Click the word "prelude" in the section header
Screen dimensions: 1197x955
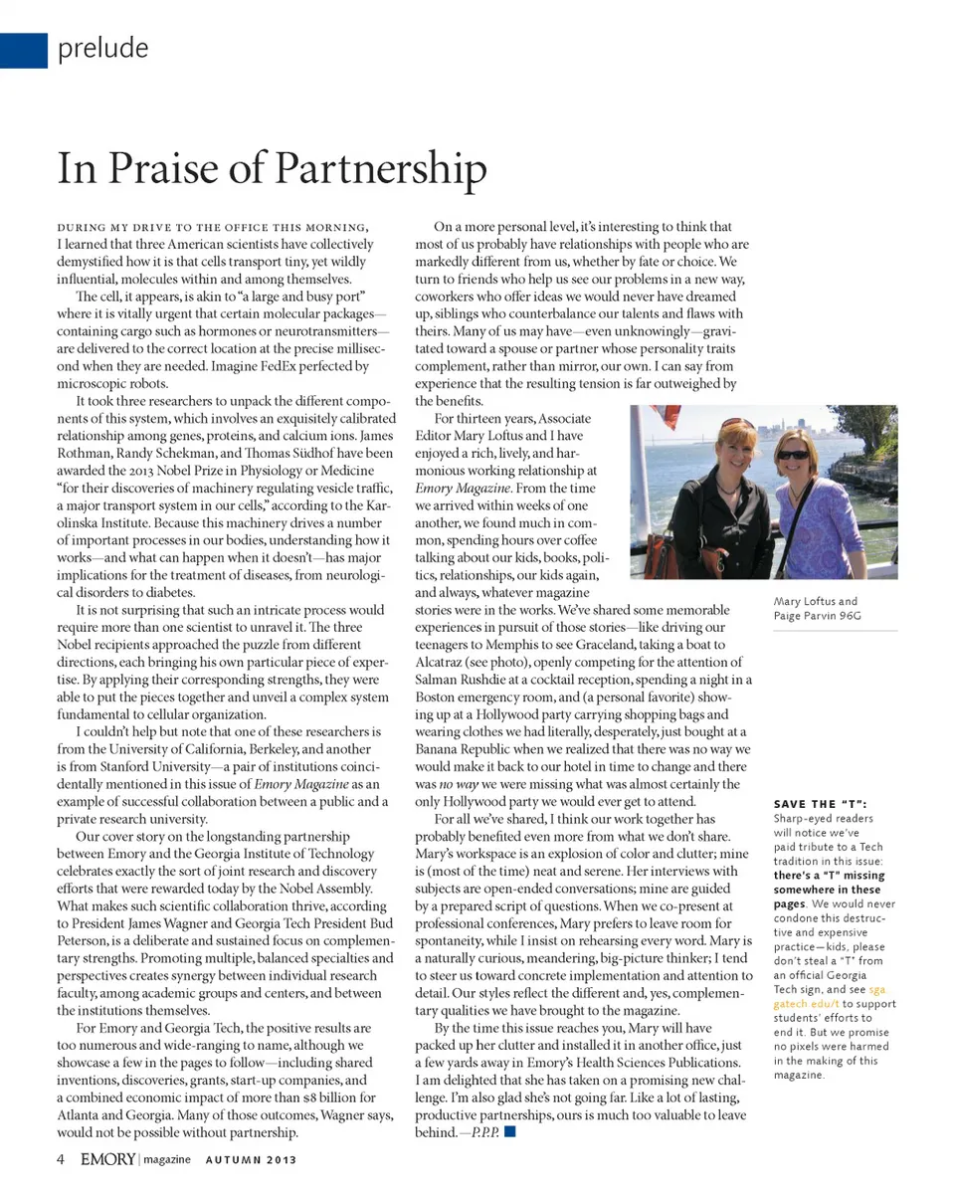[103, 48]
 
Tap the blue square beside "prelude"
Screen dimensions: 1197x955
[23, 50]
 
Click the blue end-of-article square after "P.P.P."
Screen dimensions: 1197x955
[510, 1132]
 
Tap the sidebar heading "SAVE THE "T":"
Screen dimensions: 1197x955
[820, 804]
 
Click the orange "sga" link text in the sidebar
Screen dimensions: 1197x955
[876, 990]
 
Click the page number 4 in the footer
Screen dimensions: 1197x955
[61, 1158]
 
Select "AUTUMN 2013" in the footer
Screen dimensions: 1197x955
[251, 1159]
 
